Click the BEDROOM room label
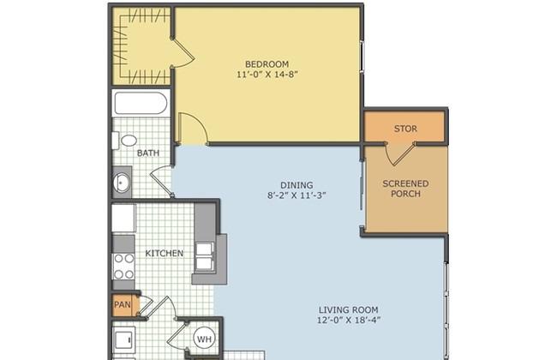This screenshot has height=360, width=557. coord(267,64)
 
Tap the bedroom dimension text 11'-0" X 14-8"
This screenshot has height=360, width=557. coord(267,75)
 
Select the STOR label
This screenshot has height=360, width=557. coord(405,129)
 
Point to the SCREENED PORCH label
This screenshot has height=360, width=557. coord(405,189)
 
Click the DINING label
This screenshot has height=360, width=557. coord(296,185)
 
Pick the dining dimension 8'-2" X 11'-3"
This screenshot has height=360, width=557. coord(296,195)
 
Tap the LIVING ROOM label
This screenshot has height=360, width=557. coord(348,310)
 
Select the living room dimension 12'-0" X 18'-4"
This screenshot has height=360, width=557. coord(349,321)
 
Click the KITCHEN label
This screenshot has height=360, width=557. coord(165,254)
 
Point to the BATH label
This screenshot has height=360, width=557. coord(148,153)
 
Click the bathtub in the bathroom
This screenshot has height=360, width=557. coord(141,103)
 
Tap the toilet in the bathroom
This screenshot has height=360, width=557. coord(125,141)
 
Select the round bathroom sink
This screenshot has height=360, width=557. coord(122,183)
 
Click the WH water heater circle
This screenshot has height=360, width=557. coord(204,339)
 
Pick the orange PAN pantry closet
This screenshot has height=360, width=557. coord(123,305)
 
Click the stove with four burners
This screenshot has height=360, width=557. coord(123,267)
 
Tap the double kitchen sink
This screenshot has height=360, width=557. coord(205,256)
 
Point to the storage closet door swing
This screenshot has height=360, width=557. coord(400,155)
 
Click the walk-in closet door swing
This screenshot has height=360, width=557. coord(183,52)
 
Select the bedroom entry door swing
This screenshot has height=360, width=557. coord(193,129)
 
